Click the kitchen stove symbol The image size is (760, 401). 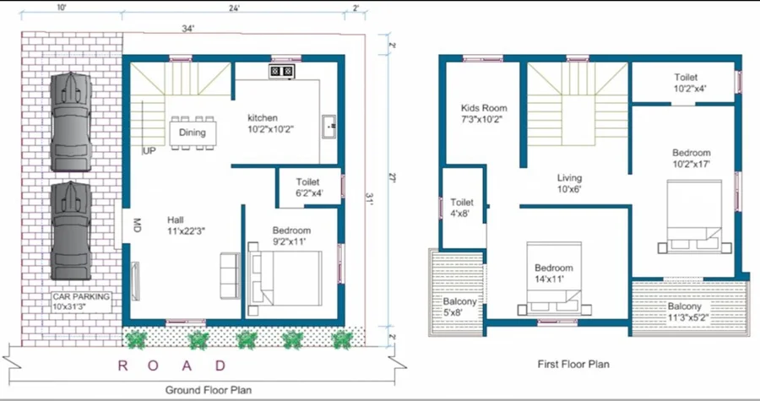pyautogui.click(x=281, y=72)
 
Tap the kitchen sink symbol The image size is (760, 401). pyautogui.click(x=329, y=127)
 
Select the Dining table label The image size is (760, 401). pyautogui.click(x=193, y=133)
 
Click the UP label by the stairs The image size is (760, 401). pyautogui.click(x=149, y=151)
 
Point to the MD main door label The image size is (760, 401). pyautogui.click(x=136, y=225)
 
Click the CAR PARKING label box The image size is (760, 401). pyautogui.click(x=81, y=301)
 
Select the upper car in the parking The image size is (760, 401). pyautogui.click(x=71, y=121)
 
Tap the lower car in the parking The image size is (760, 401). pyautogui.click(x=71, y=230)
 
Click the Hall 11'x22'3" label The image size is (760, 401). pyautogui.click(x=187, y=225)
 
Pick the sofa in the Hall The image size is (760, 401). pyautogui.click(x=230, y=275)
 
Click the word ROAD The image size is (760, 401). pyautogui.click(x=172, y=366)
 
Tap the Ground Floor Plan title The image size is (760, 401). pyautogui.click(x=209, y=390)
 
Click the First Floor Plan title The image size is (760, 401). pyautogui.click(x=573, y=364)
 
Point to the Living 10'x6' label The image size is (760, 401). pyautogui.click(x=569, y=183)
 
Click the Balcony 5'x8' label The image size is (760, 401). pyautogui.click(x=459, y=307)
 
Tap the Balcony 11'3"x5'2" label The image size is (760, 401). pyautogui.click(x=684, y=312)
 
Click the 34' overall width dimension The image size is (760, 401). pyautogui.click(x=188, y=29)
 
